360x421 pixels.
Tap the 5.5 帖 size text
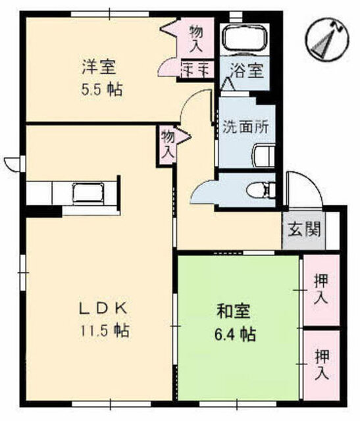click(x=101, y=89)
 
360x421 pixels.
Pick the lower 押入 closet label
click(x=321, y=365)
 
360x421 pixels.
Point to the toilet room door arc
click(x=203, y=193)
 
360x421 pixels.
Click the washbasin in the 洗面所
click(x=263, y=155)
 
